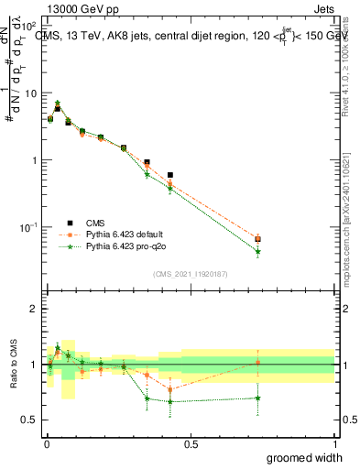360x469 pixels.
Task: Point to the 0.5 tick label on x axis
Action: (191, 443)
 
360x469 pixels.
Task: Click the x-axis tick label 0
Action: (47, 443)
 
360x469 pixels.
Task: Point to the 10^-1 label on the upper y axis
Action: (29, 227)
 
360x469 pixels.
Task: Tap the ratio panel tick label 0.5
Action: (30, 420)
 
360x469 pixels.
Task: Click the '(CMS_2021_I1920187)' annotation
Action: (191, 274)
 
